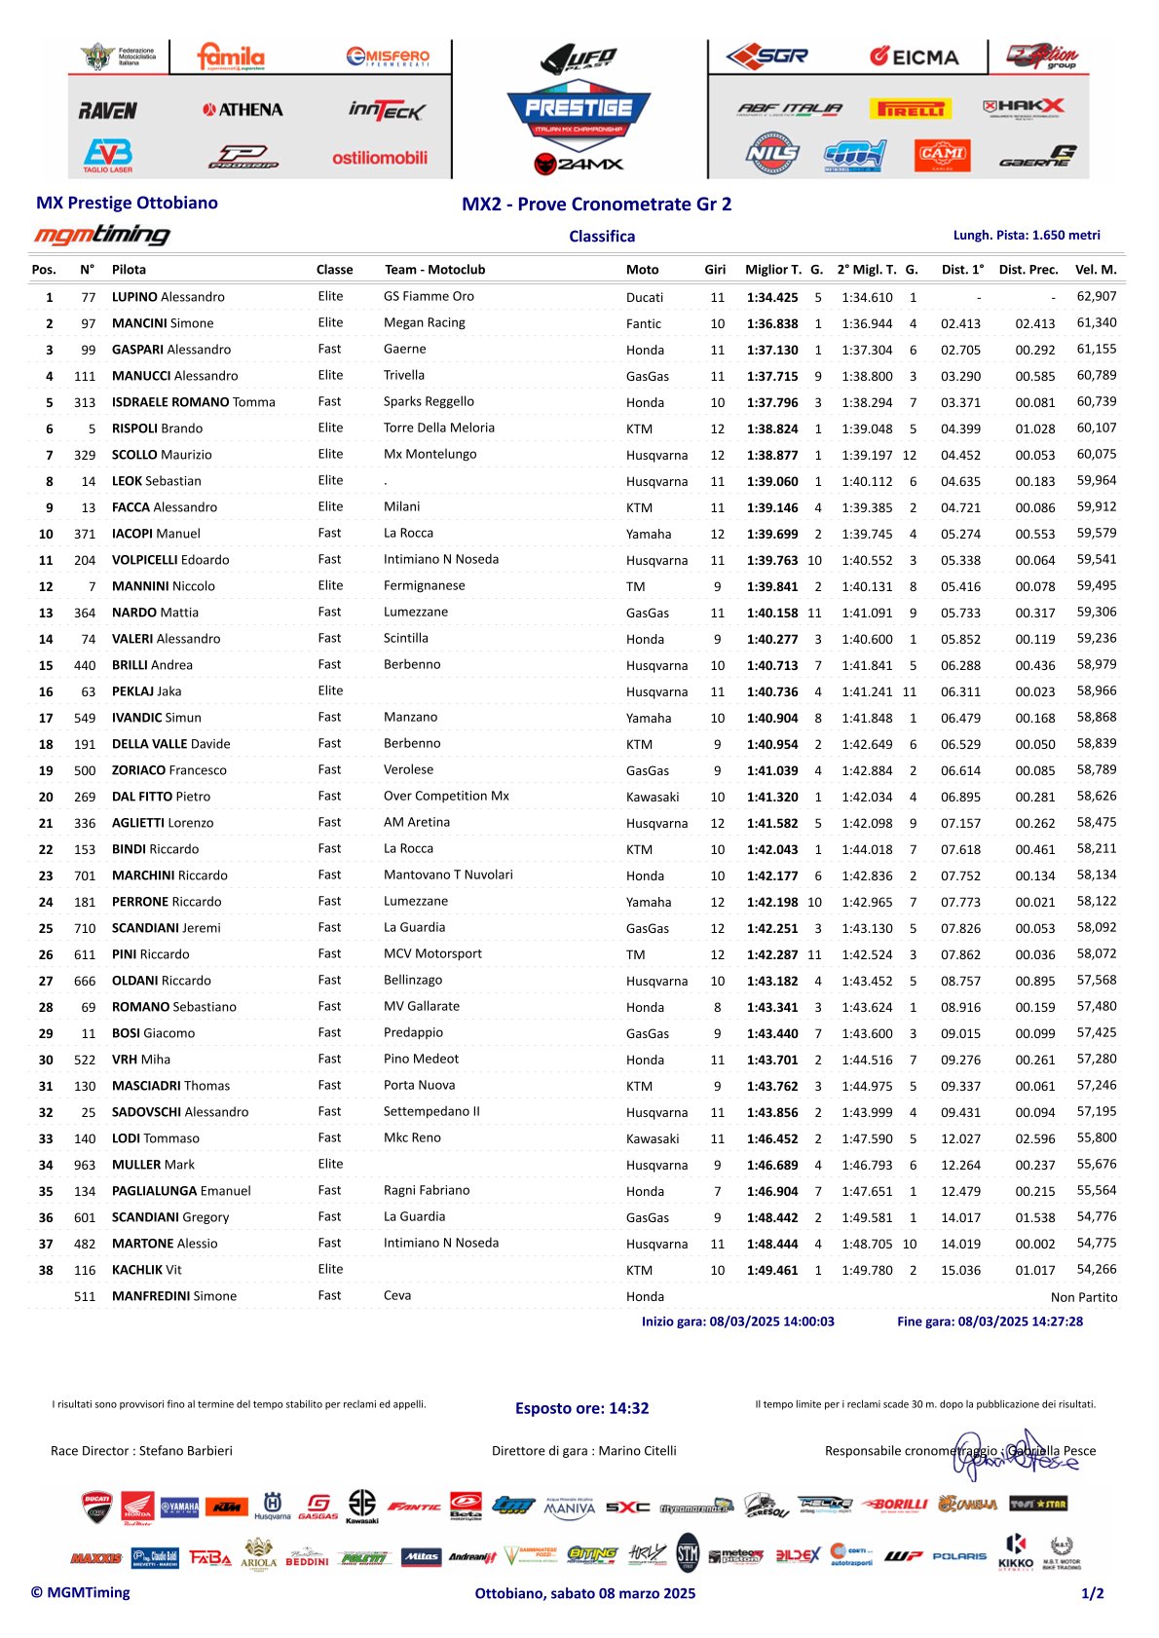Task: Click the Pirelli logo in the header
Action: tap(912, 109)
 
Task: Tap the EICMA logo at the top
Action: tap(914, 56)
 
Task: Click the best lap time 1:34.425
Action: tap(772, 297)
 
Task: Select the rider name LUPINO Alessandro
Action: tap(168, 297)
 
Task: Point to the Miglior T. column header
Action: tap(773, 270)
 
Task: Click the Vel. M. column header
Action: tap(1096, 270)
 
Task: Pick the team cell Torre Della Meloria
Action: tap(439, 428)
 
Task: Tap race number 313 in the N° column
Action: tap(85, 402)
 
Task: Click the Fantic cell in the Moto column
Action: tap(644, 323)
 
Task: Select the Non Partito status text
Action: tap(1084, 1297)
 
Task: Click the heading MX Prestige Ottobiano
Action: tap(127, 203)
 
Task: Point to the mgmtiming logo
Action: tap(102, 235)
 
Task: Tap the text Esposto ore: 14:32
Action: tap(581, 1408)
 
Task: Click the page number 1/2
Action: tap(1092, 1593)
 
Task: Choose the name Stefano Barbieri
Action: tap(186, 1451)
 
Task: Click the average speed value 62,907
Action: tap(1097, 296)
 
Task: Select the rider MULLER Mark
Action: tap(153, 1165)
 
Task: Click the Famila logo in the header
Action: tap(231, 56)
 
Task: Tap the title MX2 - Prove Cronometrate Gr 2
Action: tap(596, 204)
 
